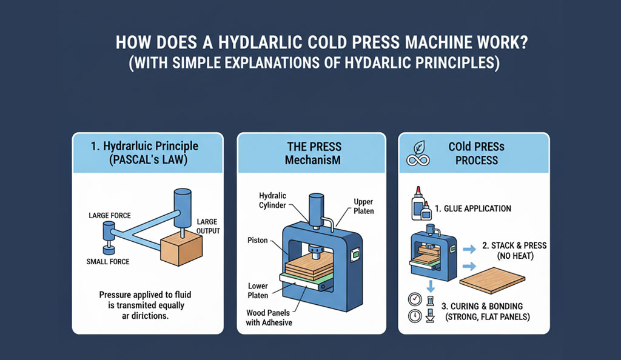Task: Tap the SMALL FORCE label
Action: point(108,261)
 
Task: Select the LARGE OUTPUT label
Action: point(208,226)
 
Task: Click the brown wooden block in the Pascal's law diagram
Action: point(181,248)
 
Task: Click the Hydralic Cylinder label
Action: point(272,200)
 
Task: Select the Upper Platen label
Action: point(364,207)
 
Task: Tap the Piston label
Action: point(257,240)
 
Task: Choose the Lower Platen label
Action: point(258,290)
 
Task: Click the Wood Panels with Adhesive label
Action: point(269,318)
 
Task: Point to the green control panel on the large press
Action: point(355,255)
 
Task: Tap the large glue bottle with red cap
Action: point(417,203)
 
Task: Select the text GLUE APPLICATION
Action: point(477,208)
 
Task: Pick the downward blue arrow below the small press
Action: point(431,285)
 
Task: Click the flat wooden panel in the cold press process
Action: point(492,280)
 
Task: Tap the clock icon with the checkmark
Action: point(415,299)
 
